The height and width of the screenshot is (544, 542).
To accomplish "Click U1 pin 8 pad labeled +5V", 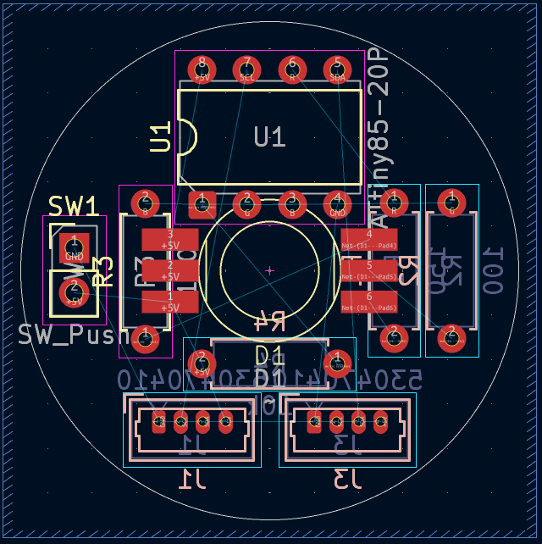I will click(202, 69).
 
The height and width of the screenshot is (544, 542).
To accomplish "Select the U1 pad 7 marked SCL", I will click(247, 69).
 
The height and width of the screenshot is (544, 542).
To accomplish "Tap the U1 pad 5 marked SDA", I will click(338, 69).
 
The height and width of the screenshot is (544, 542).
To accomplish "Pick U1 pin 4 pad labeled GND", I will click(338, 203).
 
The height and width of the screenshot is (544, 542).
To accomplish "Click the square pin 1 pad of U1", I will click(202, 203).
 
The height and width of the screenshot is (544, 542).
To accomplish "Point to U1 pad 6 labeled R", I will click(292, 69).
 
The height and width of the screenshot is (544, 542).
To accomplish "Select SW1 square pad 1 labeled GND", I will click(74, 248).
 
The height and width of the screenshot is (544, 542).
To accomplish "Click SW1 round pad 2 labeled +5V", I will click(74, 292).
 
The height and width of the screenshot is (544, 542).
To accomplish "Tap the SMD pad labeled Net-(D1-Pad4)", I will click(369, 239).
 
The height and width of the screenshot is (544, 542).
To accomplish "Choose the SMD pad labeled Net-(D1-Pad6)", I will click(369, 302).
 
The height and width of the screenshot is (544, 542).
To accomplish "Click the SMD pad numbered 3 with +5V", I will click(170, 239).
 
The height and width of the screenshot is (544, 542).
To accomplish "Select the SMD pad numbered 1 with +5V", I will click(170, 302).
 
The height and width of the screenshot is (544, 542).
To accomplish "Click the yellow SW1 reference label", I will click(73, 206).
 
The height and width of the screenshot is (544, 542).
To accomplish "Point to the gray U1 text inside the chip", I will click(269, 136).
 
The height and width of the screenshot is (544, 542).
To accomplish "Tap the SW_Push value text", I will click(72, 336).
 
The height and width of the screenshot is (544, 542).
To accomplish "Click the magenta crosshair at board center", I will click(269, 271).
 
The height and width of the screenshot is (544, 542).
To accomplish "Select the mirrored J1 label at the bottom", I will click(192, 480).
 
